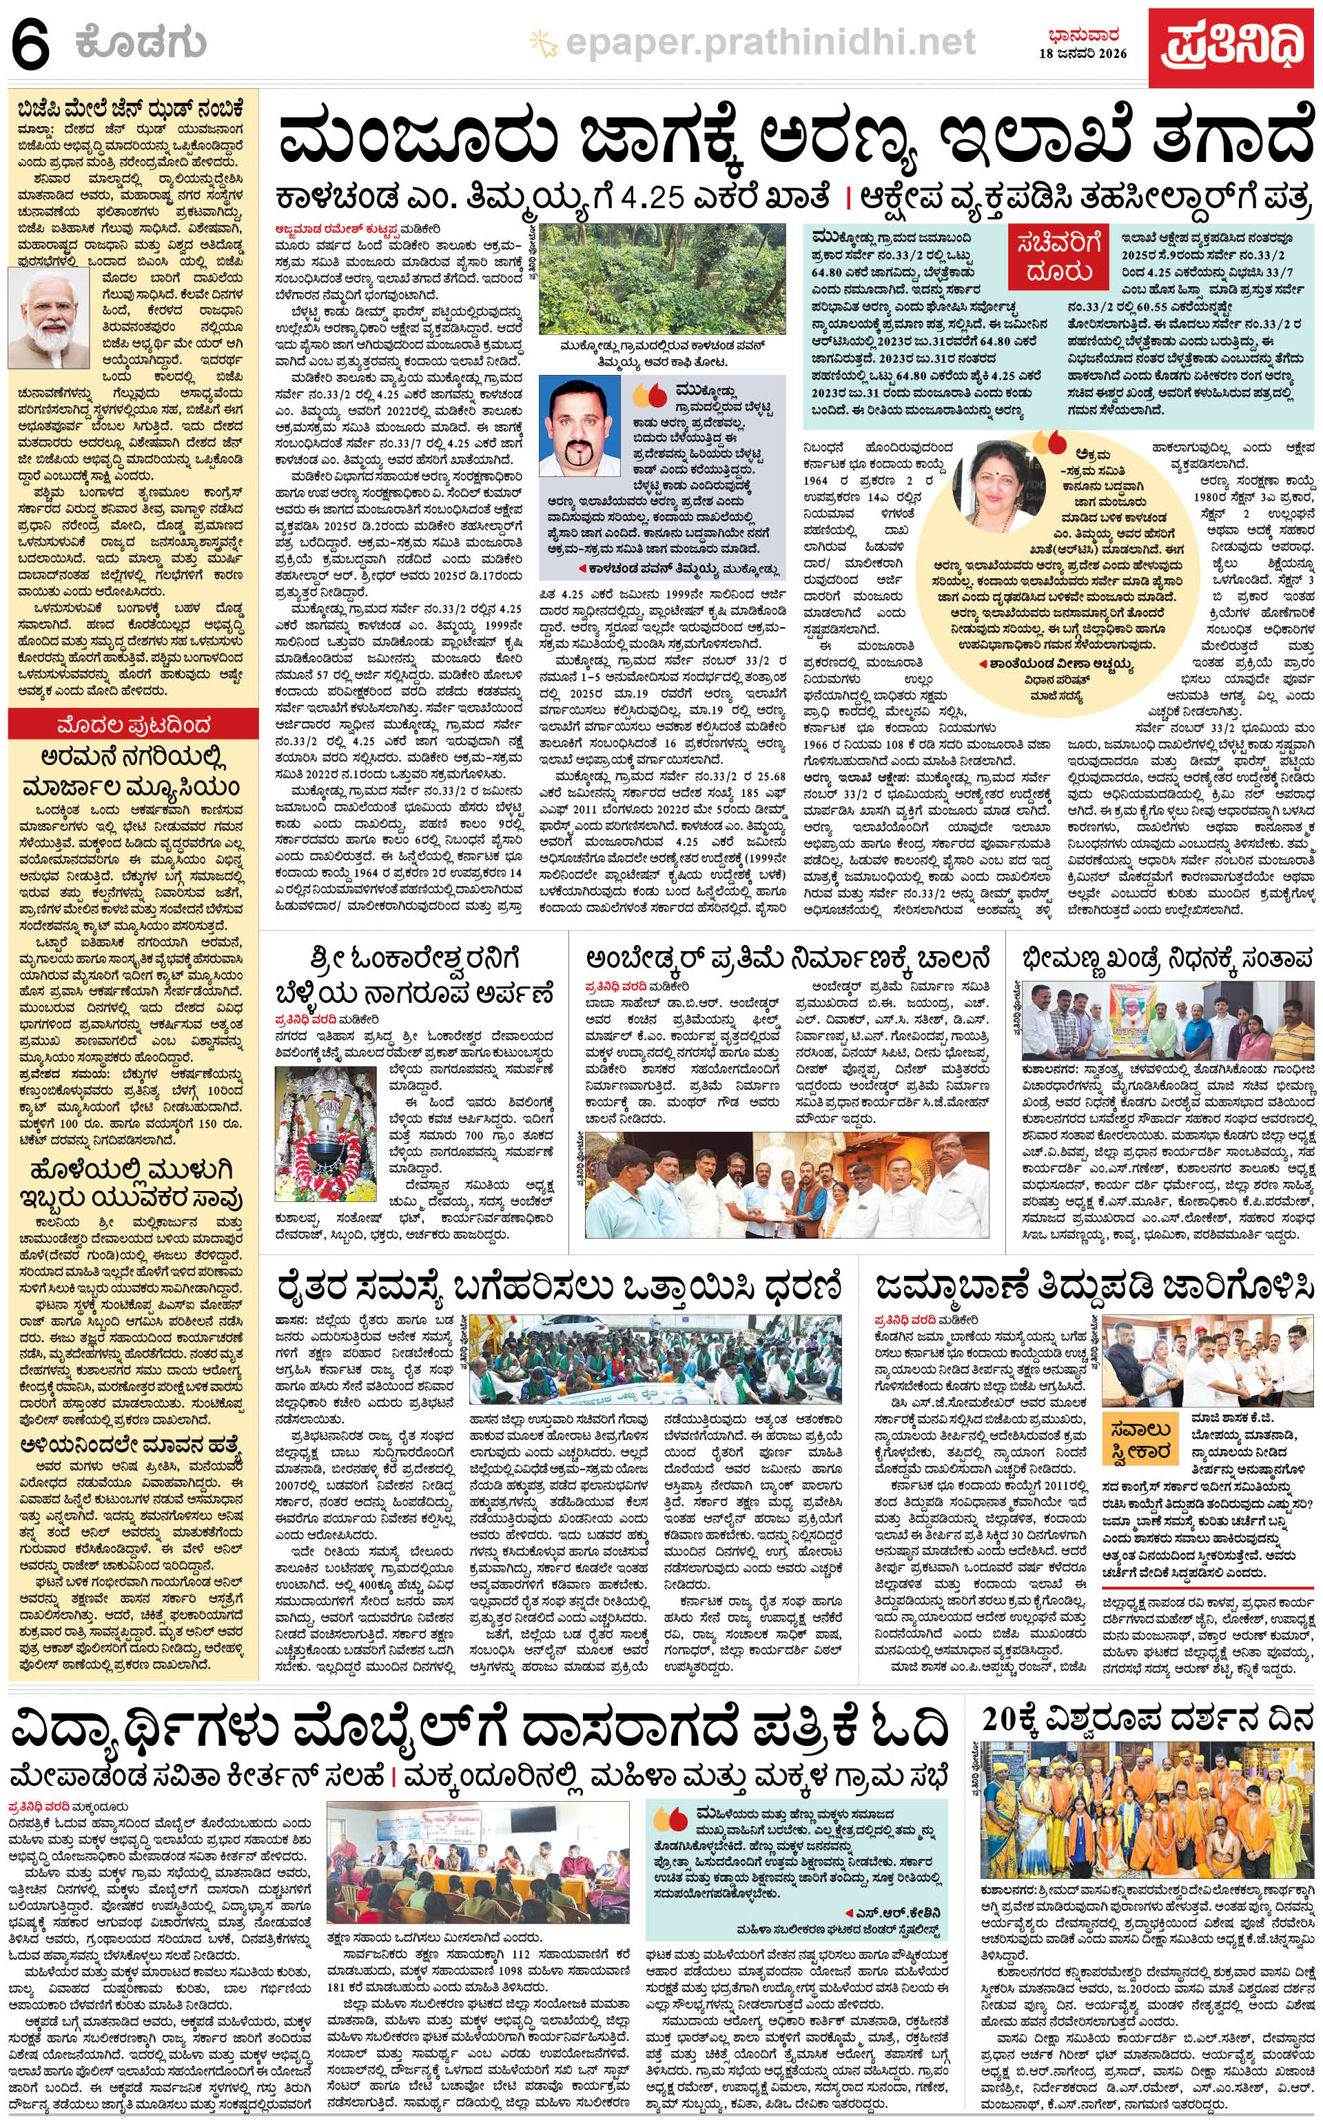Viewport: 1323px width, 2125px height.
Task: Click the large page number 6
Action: point(32,45)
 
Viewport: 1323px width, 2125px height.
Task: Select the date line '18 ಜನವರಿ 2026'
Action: point(1083,54)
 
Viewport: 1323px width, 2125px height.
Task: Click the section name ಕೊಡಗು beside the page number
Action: point(141,42)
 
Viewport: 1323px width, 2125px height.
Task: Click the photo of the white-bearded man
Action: point(49,317)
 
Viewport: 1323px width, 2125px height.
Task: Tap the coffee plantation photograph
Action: point(661,279)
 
